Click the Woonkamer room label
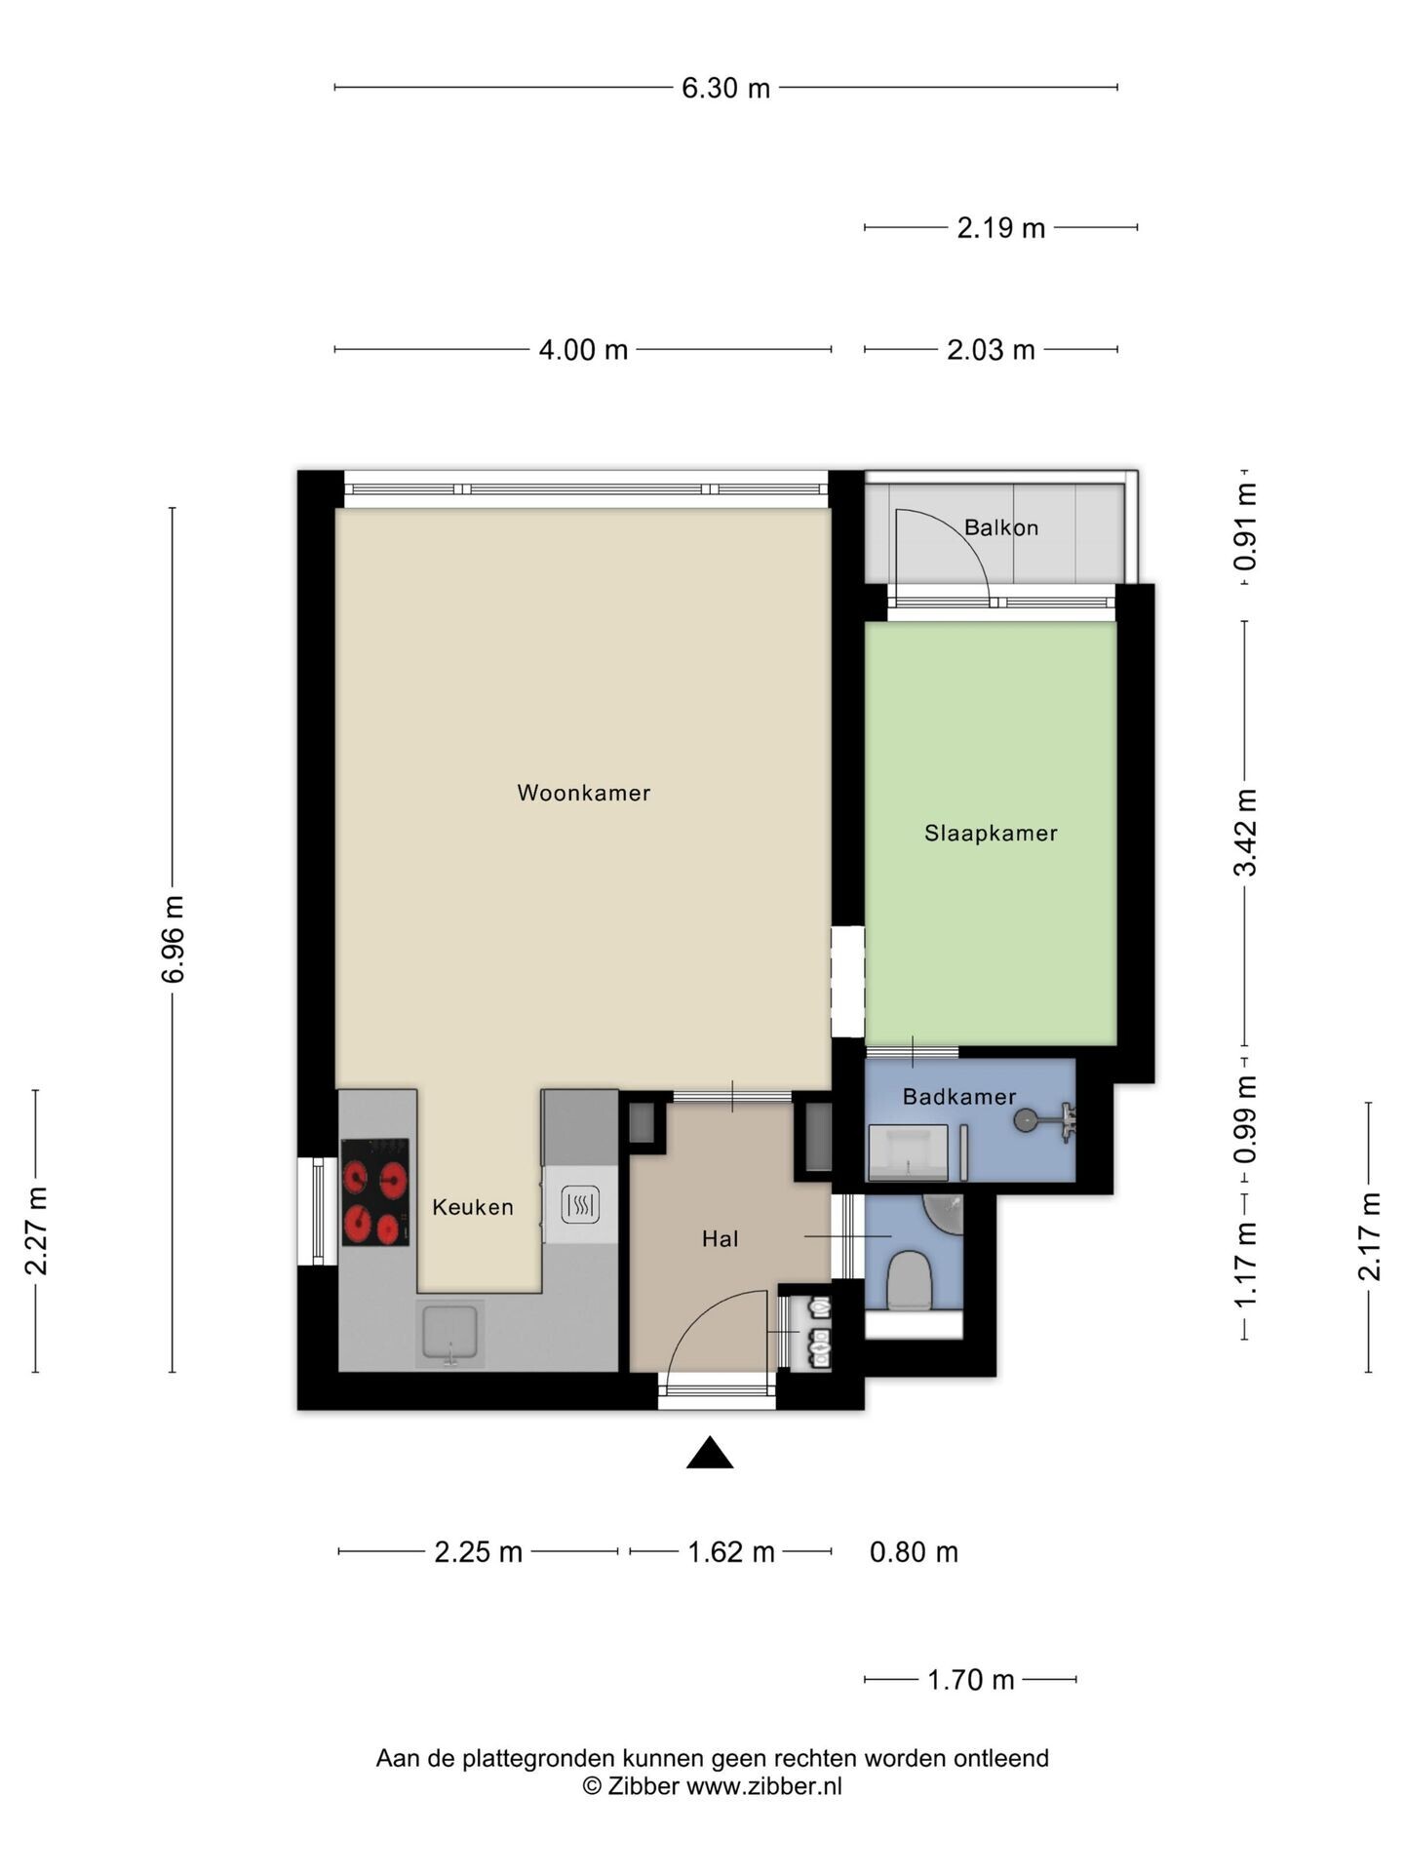coord(583,793)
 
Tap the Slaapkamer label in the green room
coord(991,834)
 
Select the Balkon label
coord(1001,527)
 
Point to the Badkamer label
coord(959,1097)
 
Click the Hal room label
coord(721,1239)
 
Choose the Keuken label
coord(473,1207)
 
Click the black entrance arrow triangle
coord(710,1452)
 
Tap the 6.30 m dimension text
coord(725,89)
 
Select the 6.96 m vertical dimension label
coord(174,939)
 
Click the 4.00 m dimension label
coord(583,350)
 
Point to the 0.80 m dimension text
coord(914,1552)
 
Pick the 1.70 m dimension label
coord(970,1680)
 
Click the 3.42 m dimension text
coord(1245,833)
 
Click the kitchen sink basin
coord(449,1332)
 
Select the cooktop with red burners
coord(375,1191)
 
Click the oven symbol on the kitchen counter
coord(580,1206)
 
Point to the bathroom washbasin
coord(908,1152)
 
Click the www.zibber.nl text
coord(764,1786)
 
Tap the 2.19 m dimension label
coord(1000,228)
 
